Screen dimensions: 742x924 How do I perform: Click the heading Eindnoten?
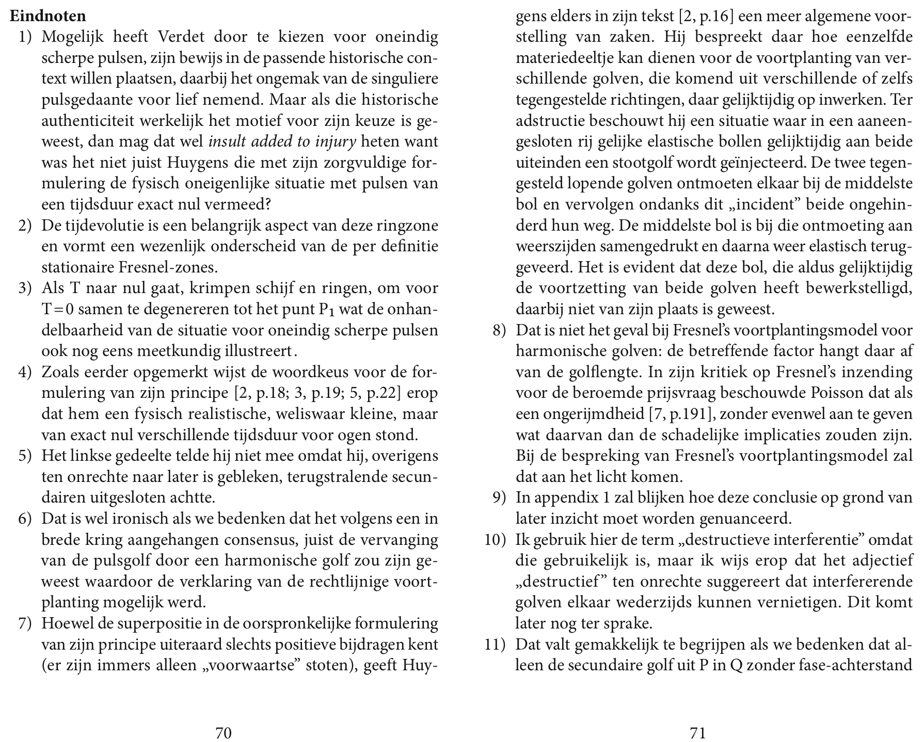tap(48, 15)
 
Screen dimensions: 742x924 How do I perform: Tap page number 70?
tap(223, 733)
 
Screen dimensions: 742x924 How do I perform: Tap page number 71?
tap(697, 733)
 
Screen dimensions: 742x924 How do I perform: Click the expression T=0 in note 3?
tap(56, 310)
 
